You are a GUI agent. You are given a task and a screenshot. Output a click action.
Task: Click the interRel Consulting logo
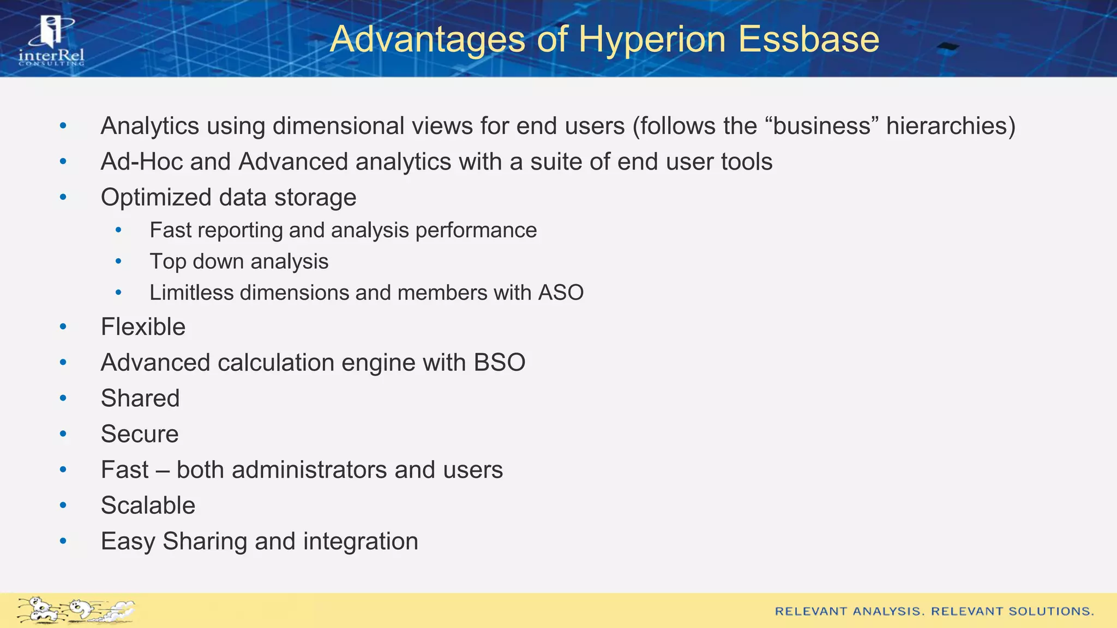point(51,41)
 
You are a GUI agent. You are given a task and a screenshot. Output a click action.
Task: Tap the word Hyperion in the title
point(652,39)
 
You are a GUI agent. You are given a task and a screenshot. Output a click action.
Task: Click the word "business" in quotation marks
point(822,126)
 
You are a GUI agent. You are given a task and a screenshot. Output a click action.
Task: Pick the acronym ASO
point(561,293)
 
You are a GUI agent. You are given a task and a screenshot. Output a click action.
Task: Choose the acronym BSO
point(499,363)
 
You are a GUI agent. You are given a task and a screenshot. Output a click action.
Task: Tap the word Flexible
point(143,327)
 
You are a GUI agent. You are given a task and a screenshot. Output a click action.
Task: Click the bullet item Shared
point(140,398)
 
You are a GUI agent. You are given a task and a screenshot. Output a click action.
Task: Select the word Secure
point(140,434)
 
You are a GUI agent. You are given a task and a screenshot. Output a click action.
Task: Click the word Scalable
point(148,505)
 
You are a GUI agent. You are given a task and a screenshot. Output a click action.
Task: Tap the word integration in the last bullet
point(361,541)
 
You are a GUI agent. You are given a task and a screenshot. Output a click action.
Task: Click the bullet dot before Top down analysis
point(118,262)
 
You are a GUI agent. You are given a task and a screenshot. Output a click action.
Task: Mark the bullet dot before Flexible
point(63,327)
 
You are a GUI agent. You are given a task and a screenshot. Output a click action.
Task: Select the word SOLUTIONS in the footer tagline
point(1050,612)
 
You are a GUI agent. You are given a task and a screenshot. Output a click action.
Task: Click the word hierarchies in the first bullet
point(950,126)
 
